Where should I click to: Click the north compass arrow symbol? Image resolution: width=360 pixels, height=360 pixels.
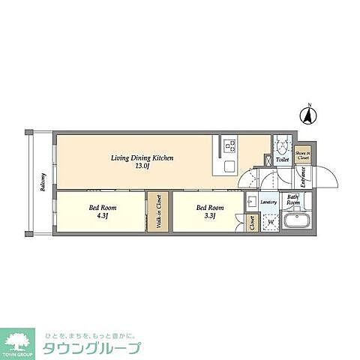click(307, 116)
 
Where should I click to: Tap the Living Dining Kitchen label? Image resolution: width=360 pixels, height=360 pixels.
click(142, 158)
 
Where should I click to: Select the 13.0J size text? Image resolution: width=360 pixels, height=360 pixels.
click(142, 166)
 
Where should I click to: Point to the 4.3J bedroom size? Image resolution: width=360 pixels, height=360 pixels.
click(99, 216)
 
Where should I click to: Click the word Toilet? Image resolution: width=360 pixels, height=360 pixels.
click(282, 160)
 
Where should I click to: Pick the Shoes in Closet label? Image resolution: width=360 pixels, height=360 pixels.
click(302, 155)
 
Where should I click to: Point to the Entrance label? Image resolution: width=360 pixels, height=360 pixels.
click(302, 177)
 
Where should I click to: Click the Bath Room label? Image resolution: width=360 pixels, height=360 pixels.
click(293, 201)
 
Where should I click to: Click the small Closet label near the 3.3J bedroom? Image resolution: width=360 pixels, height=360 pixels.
click(251, 223)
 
